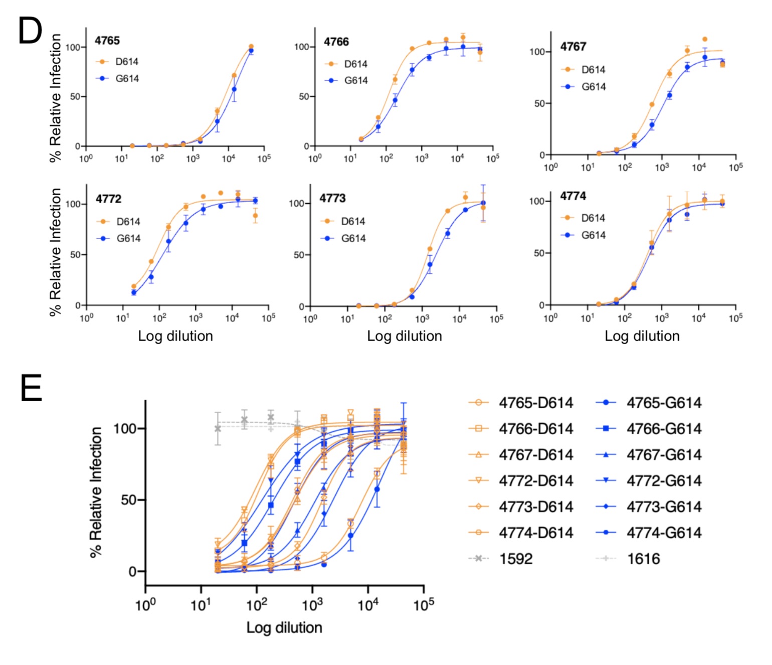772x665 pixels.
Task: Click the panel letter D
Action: coord(30,31)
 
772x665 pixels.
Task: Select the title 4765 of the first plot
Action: coord(107,41)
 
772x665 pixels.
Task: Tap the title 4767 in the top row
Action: coord(573,47)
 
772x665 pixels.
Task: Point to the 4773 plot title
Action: coord(332,198)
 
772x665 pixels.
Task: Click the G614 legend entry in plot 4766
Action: coord(355,80)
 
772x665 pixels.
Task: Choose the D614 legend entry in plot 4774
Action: coord(593,218)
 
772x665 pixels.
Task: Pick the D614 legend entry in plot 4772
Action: coord(128,221)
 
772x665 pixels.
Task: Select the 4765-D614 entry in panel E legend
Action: coord(535,403)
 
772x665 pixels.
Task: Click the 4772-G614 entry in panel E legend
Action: coord(664,480)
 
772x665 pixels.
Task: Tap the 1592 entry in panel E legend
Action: coord(515,559)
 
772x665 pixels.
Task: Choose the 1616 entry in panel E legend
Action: coord(643,559)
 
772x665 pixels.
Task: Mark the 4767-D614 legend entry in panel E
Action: coord(535,455)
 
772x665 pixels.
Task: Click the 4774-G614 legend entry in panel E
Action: coord(664,533)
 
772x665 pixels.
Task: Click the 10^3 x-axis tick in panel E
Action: coord(312,605)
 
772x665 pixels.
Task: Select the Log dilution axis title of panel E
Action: coord(284,627)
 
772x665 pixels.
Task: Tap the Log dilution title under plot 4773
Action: coord(405,336)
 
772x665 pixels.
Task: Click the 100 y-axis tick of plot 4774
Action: coord(537,201)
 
